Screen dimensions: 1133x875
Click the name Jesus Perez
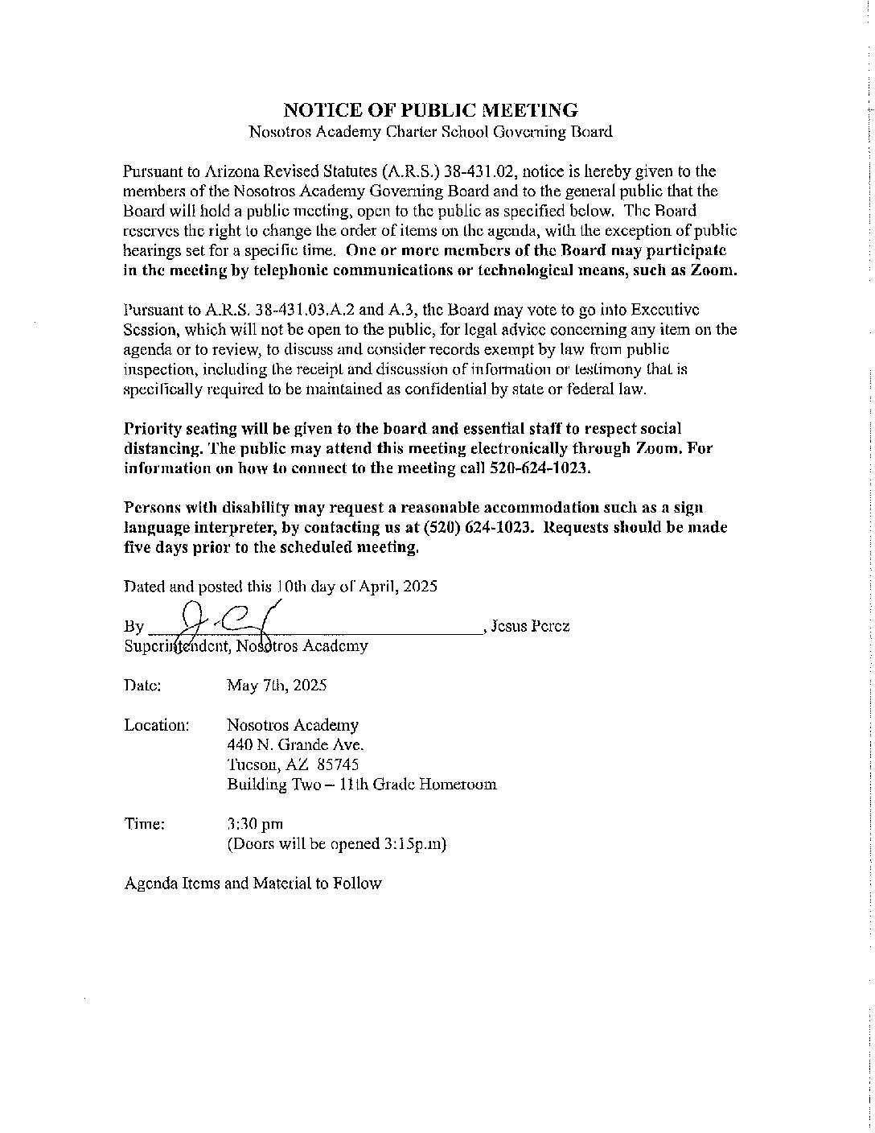[x=530, y=626]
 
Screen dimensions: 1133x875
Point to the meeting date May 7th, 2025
[x=277, y=686]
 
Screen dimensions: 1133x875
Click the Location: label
[x=157, y=725]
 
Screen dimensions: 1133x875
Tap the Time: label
[x=145, y=824]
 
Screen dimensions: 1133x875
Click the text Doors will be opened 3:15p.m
[x=337, y=844]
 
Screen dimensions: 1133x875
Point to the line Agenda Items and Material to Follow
[x=253, y=884]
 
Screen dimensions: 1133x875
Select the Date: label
[x=143, y=686]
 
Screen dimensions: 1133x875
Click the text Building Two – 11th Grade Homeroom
[x=361, y=784]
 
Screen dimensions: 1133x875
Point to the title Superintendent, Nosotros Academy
[x=246, y=645]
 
